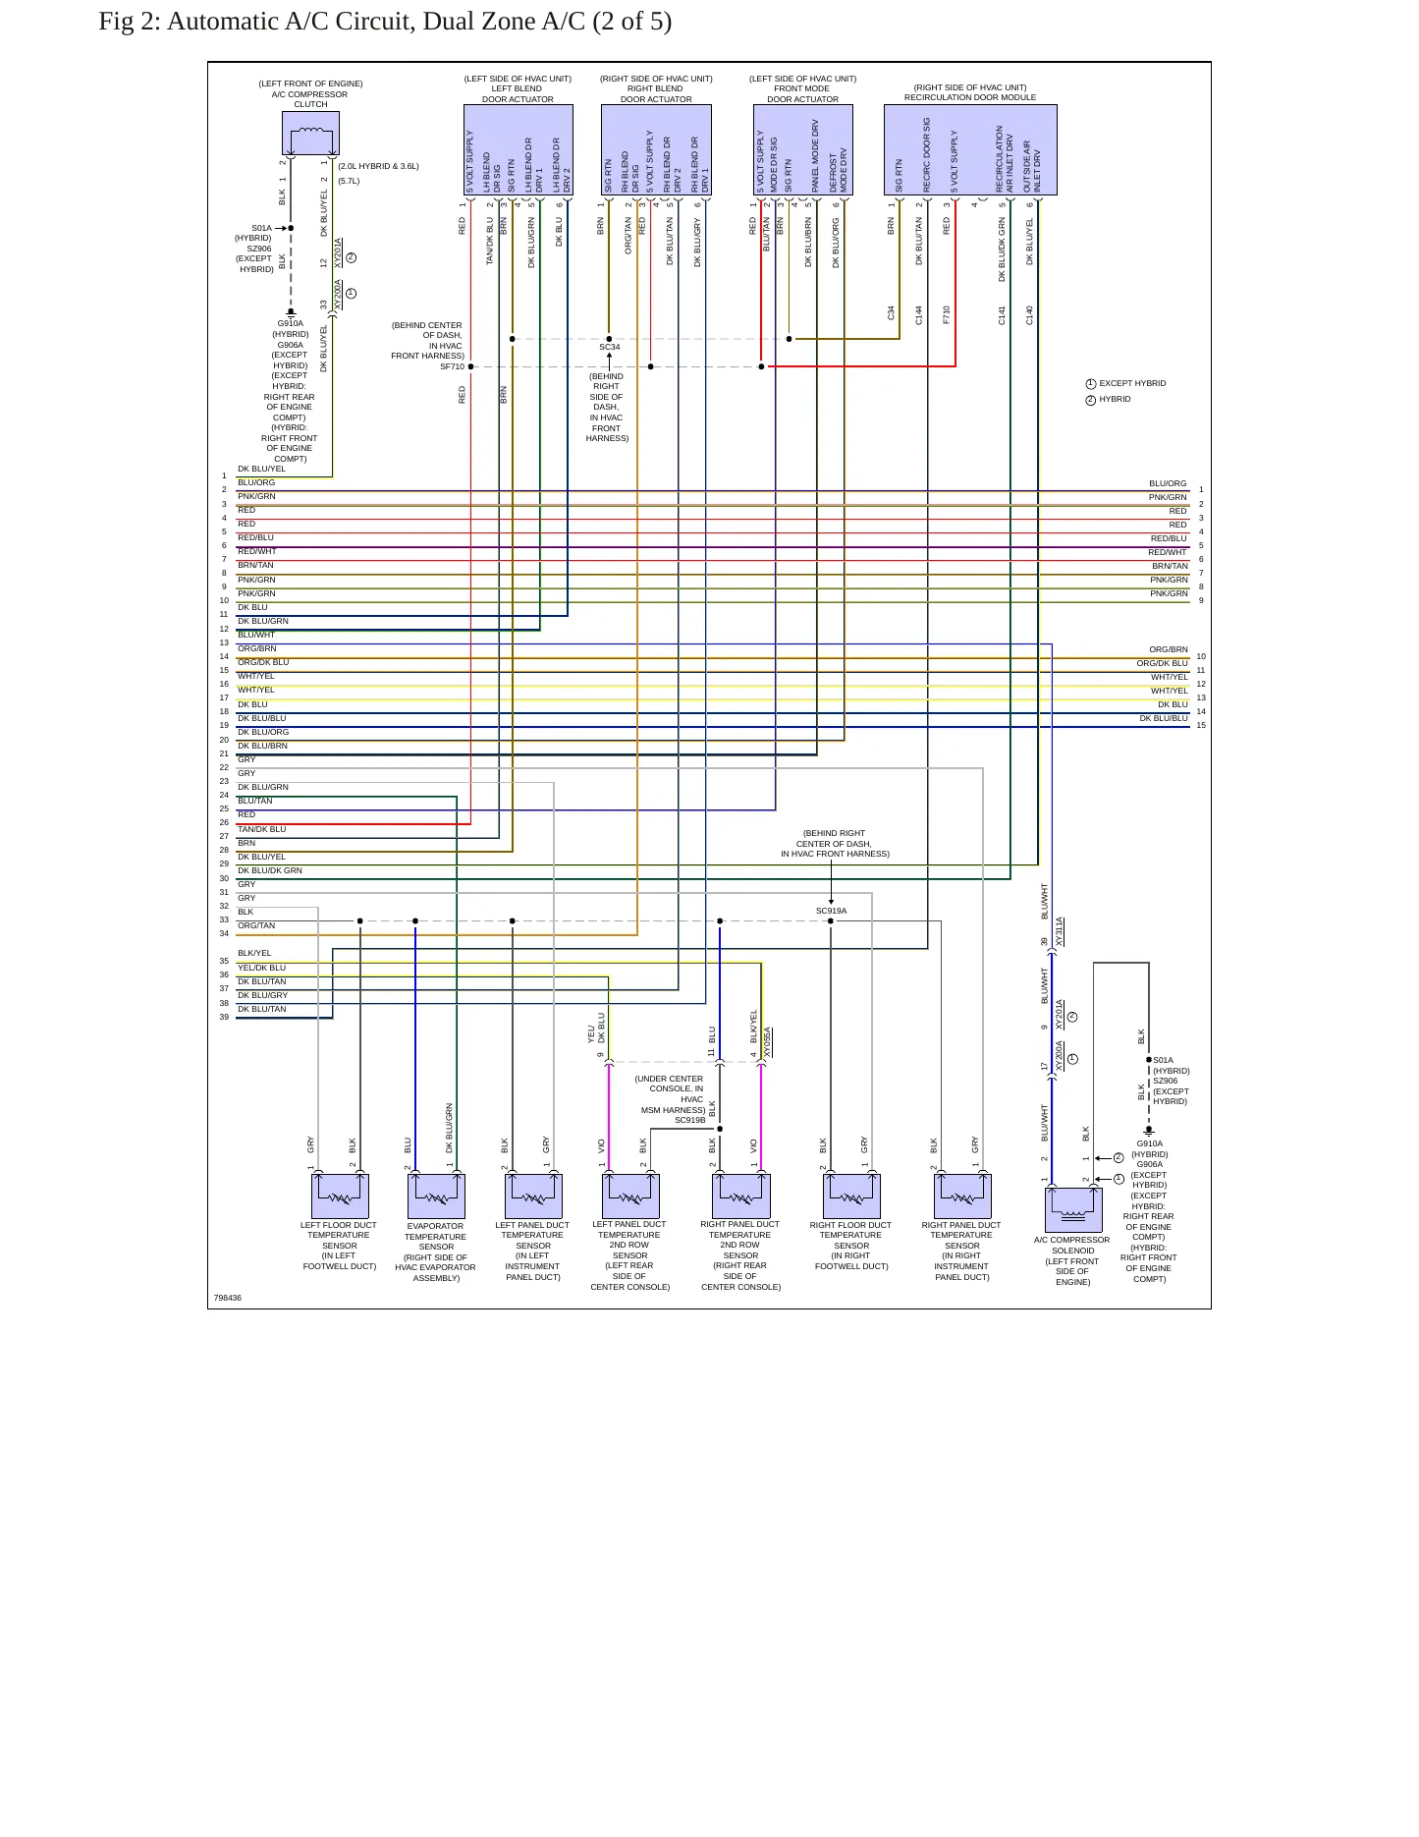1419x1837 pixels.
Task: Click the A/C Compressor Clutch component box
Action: (310, 134)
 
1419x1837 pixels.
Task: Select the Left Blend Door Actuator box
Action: (518, 149)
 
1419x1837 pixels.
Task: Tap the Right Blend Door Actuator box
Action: (656, 149)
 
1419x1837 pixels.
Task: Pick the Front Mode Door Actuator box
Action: (803, 149)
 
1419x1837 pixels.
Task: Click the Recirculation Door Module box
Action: (970, 149)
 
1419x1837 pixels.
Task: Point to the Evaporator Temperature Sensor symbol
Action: (436, 1196)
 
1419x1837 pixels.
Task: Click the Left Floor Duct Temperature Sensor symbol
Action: (340, 1196)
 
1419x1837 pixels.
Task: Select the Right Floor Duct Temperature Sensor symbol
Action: (851, 1196)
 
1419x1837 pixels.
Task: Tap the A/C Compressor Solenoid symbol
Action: (1073, 1209)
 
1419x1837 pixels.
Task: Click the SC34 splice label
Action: (610, 348)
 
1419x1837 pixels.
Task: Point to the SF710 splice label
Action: (452, 367)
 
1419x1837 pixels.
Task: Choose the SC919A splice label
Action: (831, 911)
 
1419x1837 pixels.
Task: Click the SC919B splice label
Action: (689, 1120)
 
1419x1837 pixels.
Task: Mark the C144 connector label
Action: (919, 314)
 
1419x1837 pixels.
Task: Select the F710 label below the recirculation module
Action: (947, 314)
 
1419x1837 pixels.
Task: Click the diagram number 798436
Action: (228, 1298)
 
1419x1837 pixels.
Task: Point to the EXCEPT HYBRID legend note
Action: (1132, 383)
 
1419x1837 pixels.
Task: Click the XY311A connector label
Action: (1060, 932)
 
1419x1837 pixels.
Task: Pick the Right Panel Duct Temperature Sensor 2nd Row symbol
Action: (740, 1196)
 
